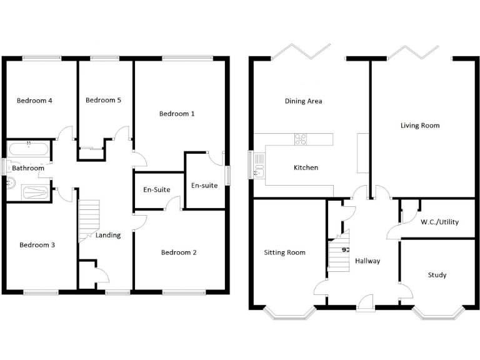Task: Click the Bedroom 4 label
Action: coord(34,101)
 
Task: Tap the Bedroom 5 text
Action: coord(103,100)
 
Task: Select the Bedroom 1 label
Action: coord(177,114)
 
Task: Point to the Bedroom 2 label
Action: coord(179,252)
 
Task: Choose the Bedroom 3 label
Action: coord(37,245)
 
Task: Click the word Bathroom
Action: coord(28,168)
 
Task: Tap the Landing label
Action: coord(108,235)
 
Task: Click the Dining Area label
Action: coord(303,101)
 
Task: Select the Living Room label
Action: coord(420,126)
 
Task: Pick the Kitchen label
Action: coord(306,167)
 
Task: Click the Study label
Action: coord(437,275)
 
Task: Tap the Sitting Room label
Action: coord(284,252)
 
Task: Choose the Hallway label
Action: coord(367,261)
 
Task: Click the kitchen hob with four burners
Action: coord(301,139)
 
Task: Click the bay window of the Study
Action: coord(441,312)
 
